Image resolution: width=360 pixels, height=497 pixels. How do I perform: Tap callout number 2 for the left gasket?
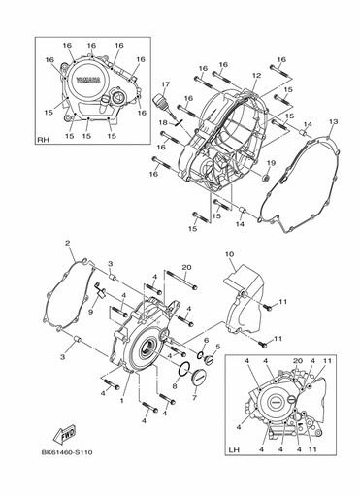pyautogui.click(x=69, y=243)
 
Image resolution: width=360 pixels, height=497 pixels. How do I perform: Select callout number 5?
pyautogui.click(x=218, y=347)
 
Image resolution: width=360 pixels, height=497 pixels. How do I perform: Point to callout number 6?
pyautogui.click(x=206, y=340)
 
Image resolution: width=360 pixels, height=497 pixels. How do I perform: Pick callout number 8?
pyautogui.click(x=175, y=385)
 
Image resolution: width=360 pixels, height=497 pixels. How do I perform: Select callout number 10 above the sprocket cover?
pyautogui.click(x=229, y=255)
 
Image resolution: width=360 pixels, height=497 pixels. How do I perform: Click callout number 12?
pyautogui.click(x=257, y=75)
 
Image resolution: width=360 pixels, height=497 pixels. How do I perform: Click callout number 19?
pyautogui.click(x=272, y=163)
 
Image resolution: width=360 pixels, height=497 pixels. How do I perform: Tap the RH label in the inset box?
pyautogui.click(x=44, y=140)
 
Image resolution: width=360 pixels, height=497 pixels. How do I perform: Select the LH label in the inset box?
pyautogui.click(x=234, y=452)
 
